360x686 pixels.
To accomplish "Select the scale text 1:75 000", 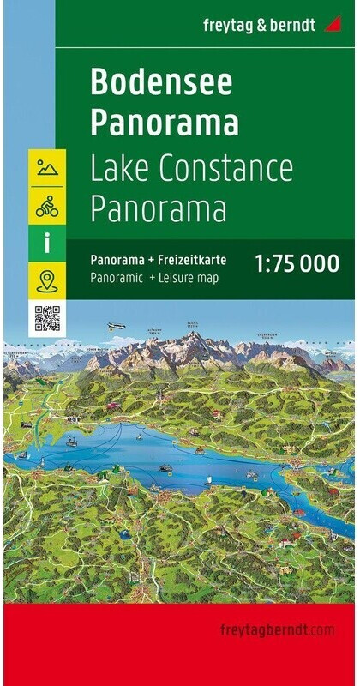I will (299, 264).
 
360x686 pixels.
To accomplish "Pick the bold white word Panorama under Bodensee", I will (164, 123).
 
